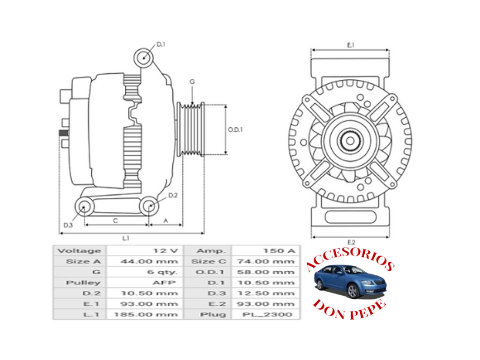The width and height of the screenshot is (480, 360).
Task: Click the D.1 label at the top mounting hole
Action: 161,44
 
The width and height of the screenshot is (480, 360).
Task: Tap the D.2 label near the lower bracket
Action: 173,196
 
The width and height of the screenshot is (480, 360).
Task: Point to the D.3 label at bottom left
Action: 67,225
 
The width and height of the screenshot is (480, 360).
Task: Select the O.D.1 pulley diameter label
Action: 235,130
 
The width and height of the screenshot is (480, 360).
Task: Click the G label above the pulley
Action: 192,82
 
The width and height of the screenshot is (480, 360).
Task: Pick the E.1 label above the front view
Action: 351,45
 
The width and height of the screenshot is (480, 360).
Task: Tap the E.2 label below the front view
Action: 351,241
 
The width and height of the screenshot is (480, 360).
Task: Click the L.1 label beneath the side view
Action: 126,238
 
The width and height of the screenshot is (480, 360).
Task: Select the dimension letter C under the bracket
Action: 115,220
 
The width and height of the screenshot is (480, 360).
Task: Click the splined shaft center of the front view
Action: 350,142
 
